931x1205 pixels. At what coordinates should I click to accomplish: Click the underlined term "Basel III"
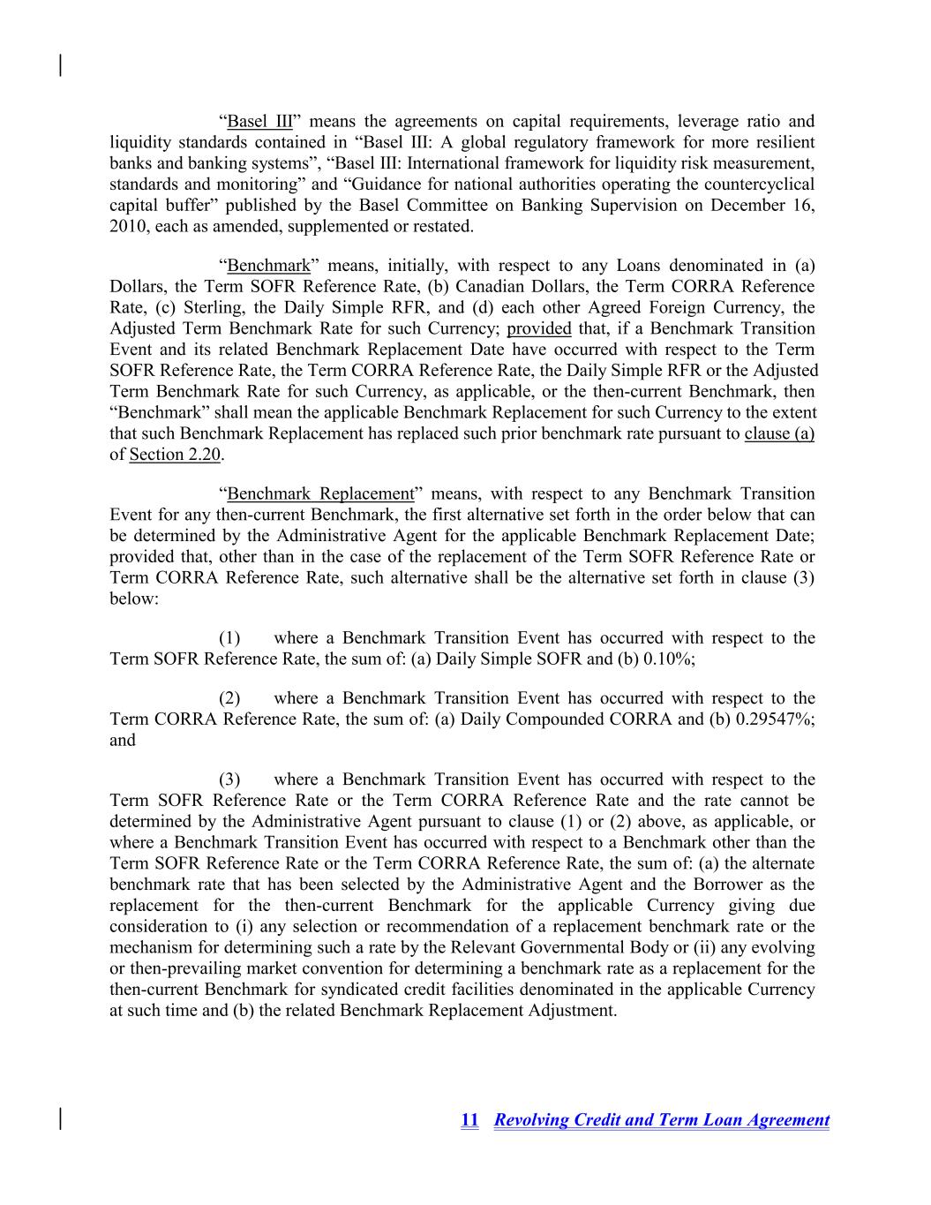click(x=259, y=122)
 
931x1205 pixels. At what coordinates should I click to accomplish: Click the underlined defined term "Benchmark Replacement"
click(x=320, y=494)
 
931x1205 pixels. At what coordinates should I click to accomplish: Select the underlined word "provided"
click(x=538, y=329)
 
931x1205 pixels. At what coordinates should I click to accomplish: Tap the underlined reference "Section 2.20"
click(x=175, y=456)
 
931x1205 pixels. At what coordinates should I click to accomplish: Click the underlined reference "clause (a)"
click(x=779, y=434)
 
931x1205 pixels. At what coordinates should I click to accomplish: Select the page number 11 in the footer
click(x=469, y=1120)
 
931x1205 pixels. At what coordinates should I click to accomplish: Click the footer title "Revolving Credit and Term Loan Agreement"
click(x=662, y=1120)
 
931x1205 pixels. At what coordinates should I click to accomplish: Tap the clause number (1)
click(x=229, y=638)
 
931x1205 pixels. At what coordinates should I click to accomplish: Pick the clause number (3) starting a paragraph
click(x=229, y=780)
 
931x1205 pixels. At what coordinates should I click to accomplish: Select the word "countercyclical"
click(x=758, y=185)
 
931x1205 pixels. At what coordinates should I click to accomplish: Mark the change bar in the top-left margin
click(x=60, y=65)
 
